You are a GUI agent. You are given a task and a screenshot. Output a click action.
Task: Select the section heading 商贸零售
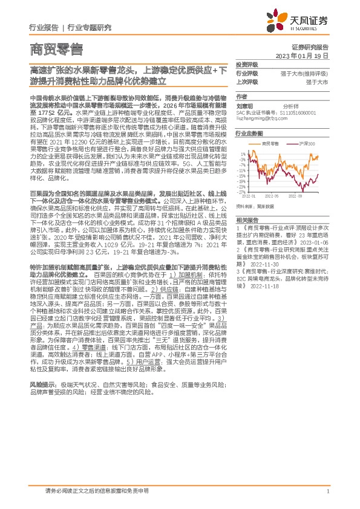57,48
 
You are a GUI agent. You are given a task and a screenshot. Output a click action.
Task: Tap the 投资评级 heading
247,64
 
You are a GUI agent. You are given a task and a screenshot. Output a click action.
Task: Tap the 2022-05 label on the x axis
271,196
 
